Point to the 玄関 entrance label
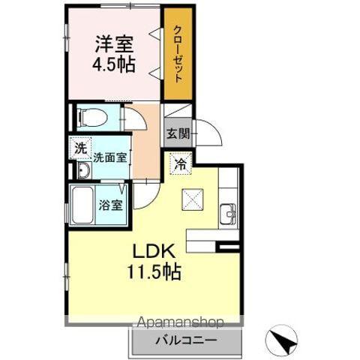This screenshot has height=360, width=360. coord(177,135)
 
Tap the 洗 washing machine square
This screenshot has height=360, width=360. coord(80,148)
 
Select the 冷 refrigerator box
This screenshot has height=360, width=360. coord(180,161)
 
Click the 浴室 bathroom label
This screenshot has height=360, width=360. coord(112,205)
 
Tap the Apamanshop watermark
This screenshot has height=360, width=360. coord(178,323)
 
